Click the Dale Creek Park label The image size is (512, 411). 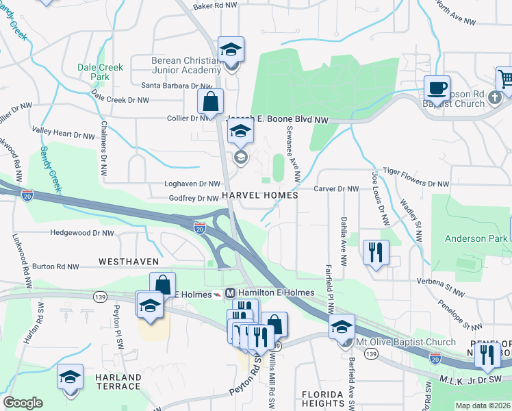[100, 72]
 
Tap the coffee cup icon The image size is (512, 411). [436, 88]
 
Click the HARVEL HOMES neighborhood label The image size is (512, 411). [259, 195]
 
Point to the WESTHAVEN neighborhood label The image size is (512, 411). [129, 262]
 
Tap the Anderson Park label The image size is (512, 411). [475, 239]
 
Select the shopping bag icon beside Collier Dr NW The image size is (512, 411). [211, 101]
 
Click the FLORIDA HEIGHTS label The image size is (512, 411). [322, 399]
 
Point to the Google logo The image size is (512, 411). [23, 403]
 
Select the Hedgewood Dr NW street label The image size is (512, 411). [81, 233]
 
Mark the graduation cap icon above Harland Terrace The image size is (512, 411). [70, 377]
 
